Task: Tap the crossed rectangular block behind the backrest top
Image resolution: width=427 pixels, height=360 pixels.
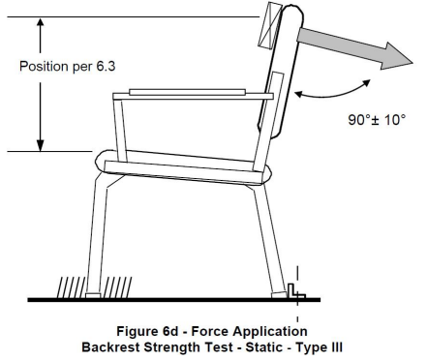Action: [270, 25]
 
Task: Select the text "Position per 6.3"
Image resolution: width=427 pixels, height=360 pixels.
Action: [67, 66]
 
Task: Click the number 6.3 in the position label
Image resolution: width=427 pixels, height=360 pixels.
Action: [106, 66]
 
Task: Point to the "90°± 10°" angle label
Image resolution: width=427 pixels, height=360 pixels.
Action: [377, 120]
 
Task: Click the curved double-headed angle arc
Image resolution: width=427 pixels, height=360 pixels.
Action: [332, 94]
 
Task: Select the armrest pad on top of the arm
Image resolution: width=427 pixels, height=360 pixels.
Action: [187, 92]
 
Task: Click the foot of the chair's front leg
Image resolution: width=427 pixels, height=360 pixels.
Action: [93, 295]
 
